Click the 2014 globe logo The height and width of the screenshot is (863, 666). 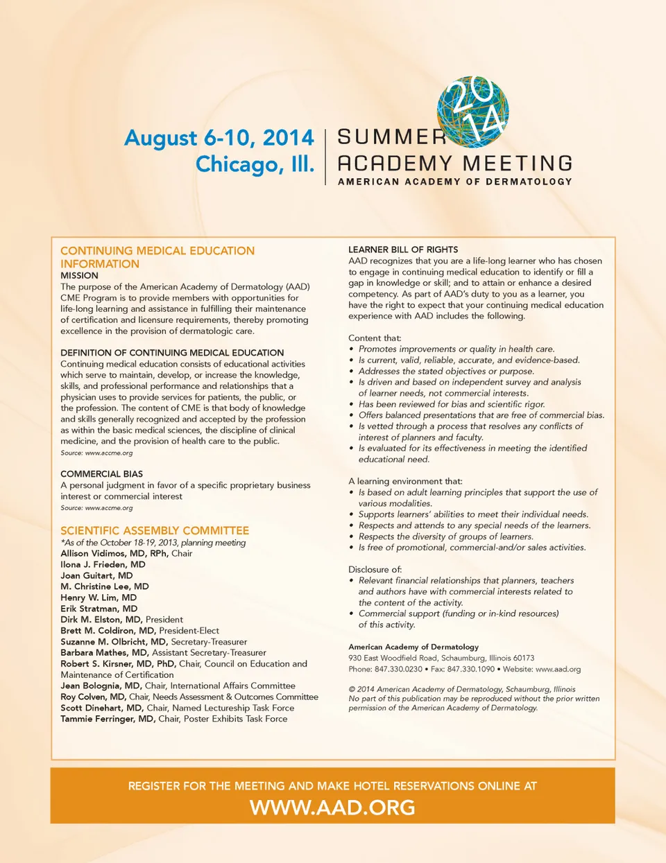point(473,111)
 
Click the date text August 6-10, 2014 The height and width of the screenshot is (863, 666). point(219,138)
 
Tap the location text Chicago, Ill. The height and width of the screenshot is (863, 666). point(255,165)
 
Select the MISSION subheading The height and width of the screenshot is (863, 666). point(79,275)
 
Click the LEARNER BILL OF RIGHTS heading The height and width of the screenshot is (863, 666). point(403,250)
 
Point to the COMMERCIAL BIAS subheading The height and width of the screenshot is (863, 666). point(101,474)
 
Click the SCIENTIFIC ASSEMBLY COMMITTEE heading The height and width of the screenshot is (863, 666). point(155,530)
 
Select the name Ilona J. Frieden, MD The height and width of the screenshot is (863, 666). point(103,564)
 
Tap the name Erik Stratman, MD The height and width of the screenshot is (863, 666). point(99,609)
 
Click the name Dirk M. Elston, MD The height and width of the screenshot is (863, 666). point(101,620)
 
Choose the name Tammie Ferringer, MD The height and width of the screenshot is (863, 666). point(108,719)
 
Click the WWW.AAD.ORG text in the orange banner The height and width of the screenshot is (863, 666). point(332,808)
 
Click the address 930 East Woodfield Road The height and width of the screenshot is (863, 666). point(393,658)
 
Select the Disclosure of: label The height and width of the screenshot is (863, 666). point(375,569)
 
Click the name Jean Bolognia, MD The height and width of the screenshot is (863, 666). point(101,686)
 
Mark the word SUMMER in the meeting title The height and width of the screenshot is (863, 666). point(391,137)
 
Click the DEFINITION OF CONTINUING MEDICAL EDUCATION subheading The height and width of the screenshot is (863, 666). point(172,353)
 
